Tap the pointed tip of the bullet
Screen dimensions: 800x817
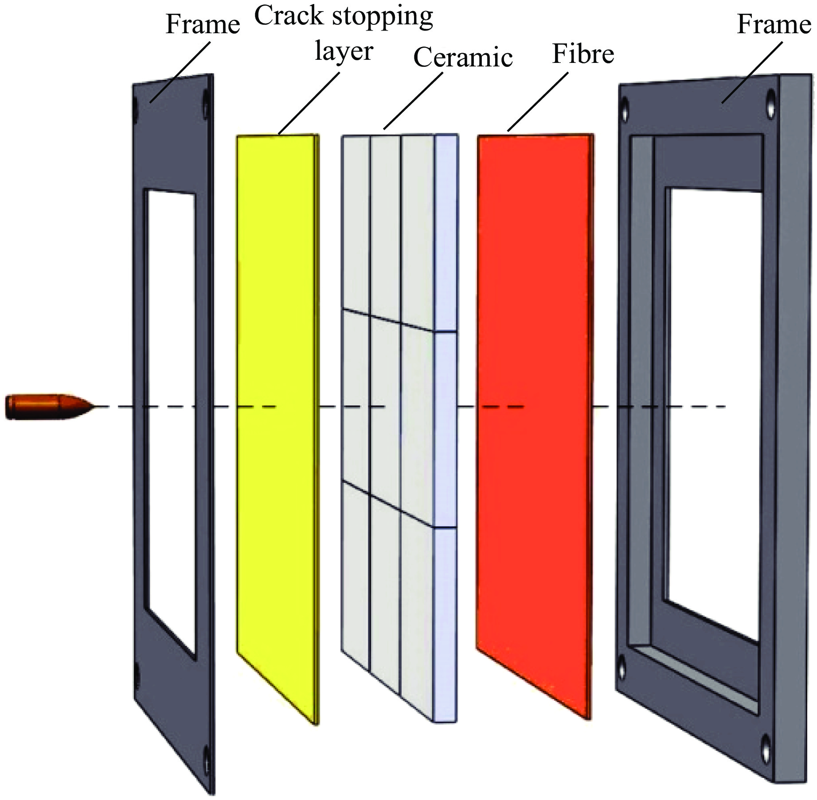point(92,406)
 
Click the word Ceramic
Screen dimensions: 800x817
point(463,58)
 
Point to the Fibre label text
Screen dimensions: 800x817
point(582,54)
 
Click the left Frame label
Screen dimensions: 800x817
point(203,24)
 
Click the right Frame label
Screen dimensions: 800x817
point(774,24)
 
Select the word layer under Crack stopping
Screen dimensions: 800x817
point(344,51)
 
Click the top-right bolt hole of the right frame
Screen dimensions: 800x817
point(772,97)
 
